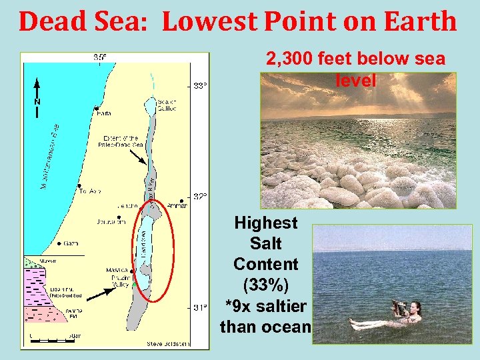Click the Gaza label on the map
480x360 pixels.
point(71,244)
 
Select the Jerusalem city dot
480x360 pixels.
point(119,217)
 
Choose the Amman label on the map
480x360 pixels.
point(177,206)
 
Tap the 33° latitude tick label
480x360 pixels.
point(200,86)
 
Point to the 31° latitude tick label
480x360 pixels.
point(200,308)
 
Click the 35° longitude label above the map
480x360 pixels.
point(99,57)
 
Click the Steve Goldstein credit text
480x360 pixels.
point(168,344)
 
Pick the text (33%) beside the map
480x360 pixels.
point(266,285)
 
